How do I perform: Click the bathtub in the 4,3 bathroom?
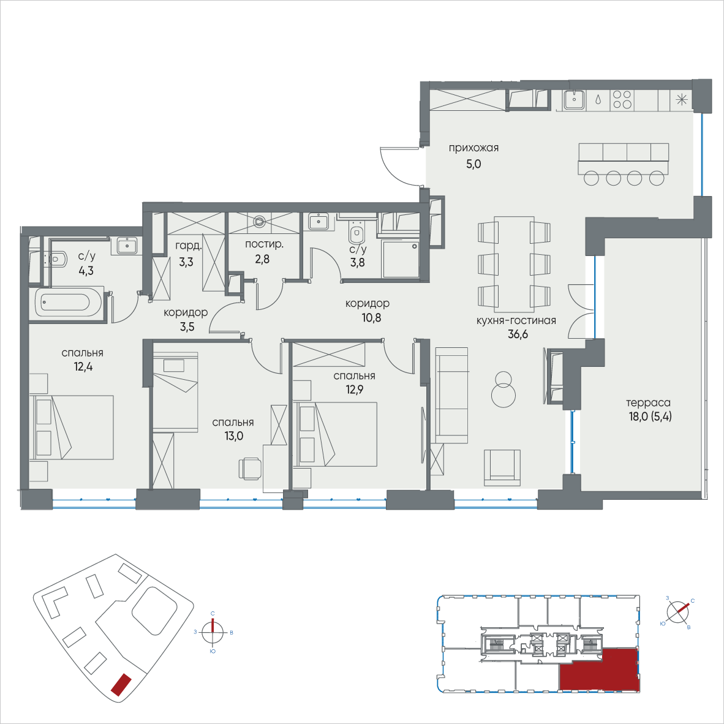66,303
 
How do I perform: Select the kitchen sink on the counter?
574,100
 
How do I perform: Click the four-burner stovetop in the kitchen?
622,100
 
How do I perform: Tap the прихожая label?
473,148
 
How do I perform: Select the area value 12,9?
355,390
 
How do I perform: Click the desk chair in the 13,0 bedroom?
249,469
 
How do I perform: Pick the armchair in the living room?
502,467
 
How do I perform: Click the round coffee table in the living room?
503,390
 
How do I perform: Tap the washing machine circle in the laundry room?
260,222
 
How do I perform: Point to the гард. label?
189,246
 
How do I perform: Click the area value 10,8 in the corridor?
371,318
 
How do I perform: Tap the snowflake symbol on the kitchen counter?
682,100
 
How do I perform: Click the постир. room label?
264,244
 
